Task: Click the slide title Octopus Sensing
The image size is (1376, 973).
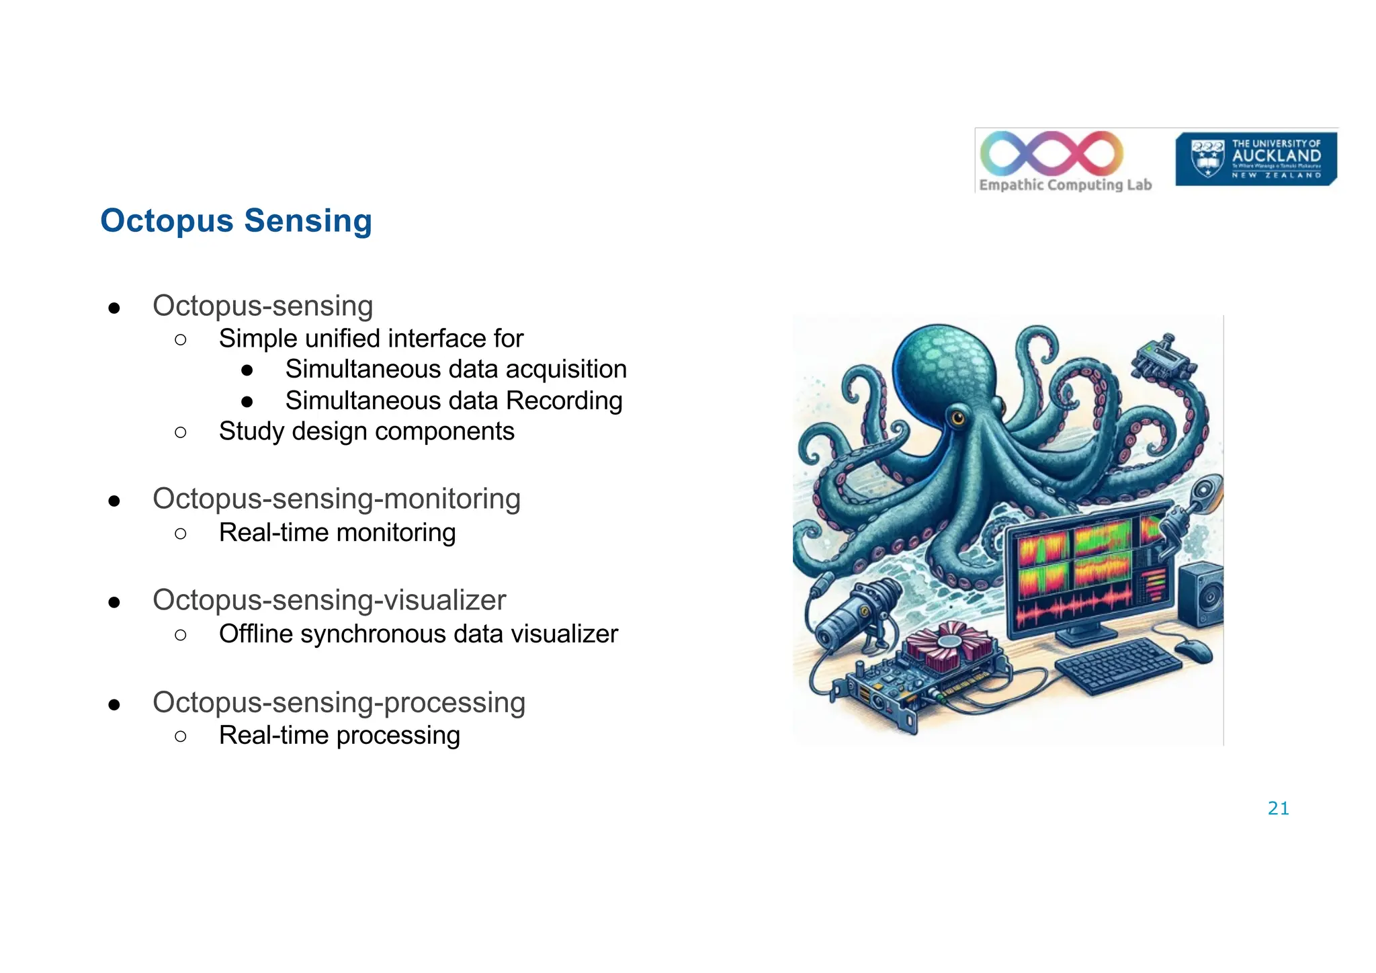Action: click(236, 221)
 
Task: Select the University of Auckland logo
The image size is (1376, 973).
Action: click(1256, 159)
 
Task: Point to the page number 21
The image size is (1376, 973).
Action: click(1278, 808)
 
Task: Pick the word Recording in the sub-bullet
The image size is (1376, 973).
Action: click(564, 401)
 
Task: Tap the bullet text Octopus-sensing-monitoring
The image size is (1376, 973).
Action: click(337, 499)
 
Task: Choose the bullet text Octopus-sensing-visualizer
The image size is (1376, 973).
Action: click(329, 600)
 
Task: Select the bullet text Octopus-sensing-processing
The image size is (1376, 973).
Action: click(339, 703)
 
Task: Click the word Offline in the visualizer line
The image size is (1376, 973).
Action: click(255, 634)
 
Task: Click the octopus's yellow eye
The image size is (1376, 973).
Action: click(957, 419)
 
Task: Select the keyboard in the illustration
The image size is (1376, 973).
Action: click(1119, 665)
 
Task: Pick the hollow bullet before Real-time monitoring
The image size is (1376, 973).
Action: click(180, 534)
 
